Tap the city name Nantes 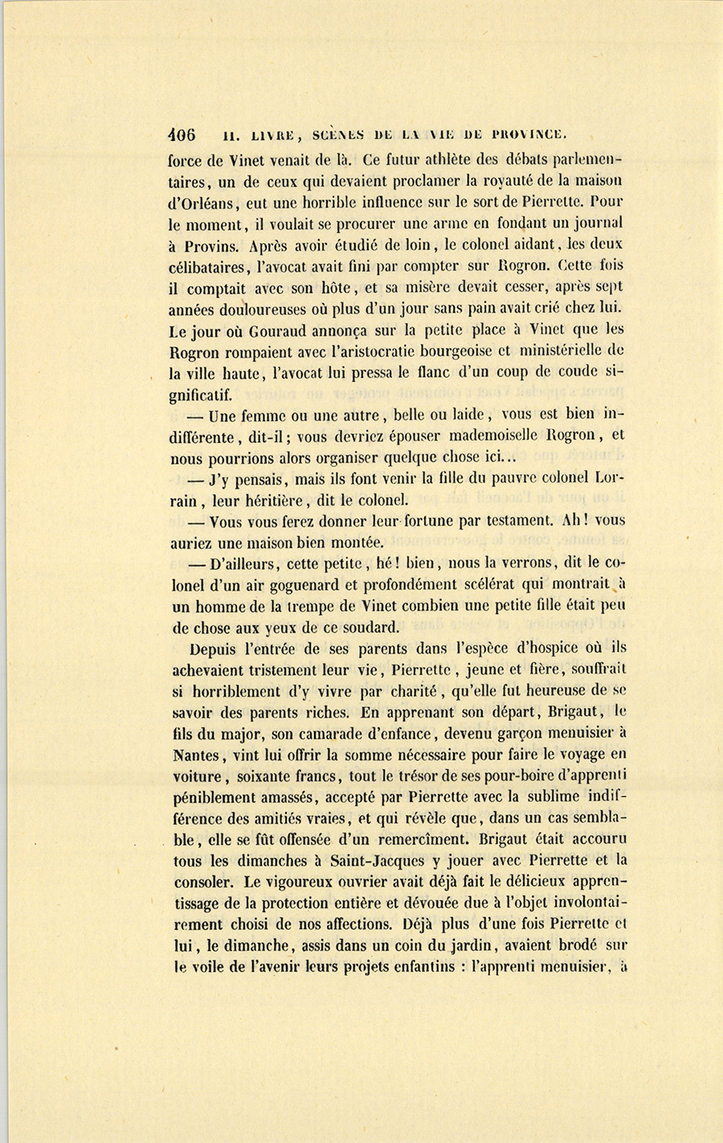199,755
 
